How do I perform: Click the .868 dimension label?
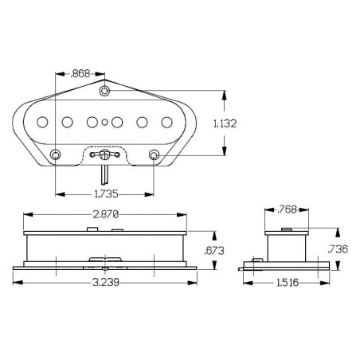pos(80,73)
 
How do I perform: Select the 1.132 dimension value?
pos(225,123)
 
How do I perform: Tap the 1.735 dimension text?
pos(106,194)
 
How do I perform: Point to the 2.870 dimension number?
pos(105,214)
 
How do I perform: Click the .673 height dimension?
pos(214,251)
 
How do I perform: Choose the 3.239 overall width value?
pos(106,282)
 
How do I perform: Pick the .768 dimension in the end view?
pos(287,209)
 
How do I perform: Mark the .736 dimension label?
pos(338,249)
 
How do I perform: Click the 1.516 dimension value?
pos(288,283)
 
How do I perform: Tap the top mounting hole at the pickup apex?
pos(104,91)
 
